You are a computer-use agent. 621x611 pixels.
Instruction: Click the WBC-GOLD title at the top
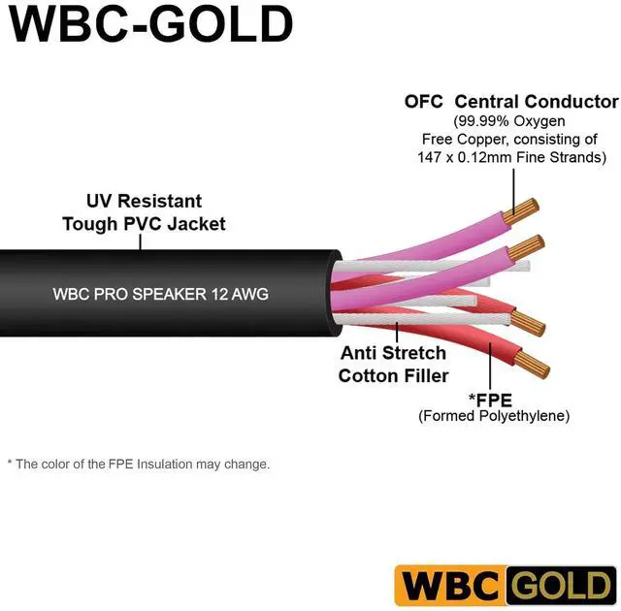click(151, 28)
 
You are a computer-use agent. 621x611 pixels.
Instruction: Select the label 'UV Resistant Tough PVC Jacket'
click(145, 212)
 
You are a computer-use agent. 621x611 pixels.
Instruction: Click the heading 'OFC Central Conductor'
click(511, 102)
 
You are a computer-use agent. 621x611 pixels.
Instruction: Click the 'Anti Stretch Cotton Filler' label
click(393, 364)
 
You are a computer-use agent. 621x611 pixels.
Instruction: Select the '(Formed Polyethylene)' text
click(494, 415)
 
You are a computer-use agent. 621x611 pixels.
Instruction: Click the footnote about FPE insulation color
click(139, 465)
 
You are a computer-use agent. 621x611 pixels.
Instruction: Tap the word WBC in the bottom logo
click(449, 587)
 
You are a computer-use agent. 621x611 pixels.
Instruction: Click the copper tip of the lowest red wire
click(535, 368)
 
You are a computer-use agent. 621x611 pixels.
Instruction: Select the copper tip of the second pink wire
click(530, 244)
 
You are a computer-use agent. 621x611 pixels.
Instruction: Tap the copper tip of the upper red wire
click(528, 323)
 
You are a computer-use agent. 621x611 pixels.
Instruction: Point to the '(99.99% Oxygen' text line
click(510, 121)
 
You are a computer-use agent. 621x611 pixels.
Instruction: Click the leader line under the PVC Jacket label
click(142, 241)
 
